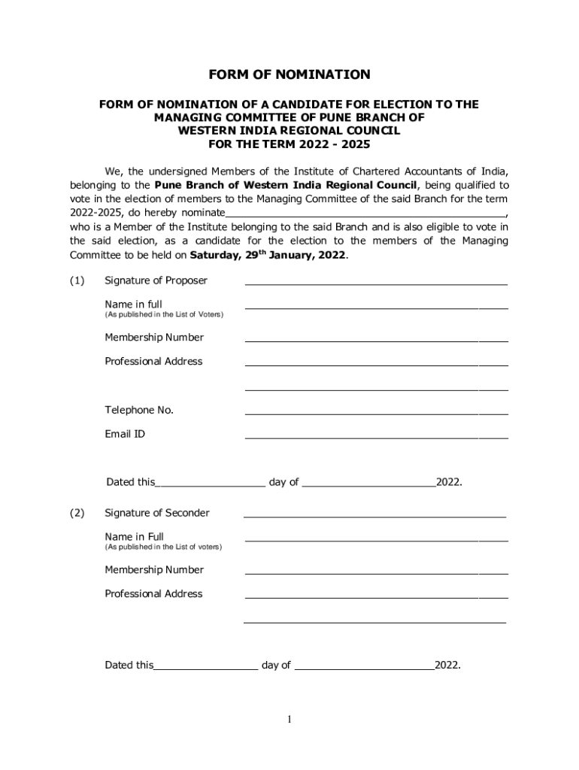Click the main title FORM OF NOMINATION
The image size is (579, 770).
pos(289,74)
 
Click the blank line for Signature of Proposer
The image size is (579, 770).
pos(376,283)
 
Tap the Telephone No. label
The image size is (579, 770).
pos(139,410)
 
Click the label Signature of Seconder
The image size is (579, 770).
pos(157,513)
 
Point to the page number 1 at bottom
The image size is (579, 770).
pos(289,720)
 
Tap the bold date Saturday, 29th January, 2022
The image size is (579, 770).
pos(268,255)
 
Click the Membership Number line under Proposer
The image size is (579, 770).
pos(376,340)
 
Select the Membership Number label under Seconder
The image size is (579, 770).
pos(154,570)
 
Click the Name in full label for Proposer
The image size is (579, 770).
pos(133,304)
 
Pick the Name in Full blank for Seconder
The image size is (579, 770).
pos(376,540)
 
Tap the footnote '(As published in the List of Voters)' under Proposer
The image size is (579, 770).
pos(163,314)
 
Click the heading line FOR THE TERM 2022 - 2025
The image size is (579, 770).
pos(289,144)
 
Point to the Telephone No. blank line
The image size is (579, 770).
pos(376,413)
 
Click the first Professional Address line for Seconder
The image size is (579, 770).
pos(376,597)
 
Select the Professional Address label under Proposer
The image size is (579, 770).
pos(153,361)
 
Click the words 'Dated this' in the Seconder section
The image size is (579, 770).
pos(129,665)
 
